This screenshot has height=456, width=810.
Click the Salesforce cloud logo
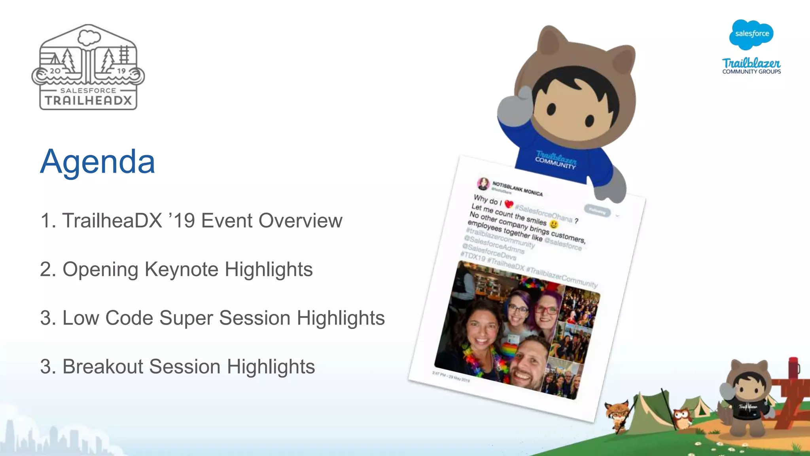coord(751,34)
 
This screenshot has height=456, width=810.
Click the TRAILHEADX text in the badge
coord(88,100)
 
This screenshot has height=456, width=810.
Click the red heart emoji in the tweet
coord(509,204)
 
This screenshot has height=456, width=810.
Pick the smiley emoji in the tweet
coord(554,224)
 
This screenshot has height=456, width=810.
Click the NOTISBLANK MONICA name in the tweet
coord(517,189)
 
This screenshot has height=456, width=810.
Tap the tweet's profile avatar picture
coord(483,183)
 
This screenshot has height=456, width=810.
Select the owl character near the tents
coord(681,418)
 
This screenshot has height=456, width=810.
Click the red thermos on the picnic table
coord(793,368)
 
